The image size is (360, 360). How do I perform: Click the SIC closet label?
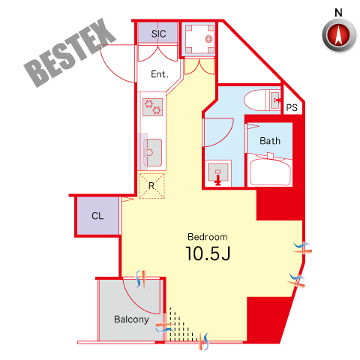(x=158, y=34)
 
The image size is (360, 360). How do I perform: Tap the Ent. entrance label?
(x=160, y=74)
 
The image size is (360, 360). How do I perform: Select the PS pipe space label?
(x=292, y=108)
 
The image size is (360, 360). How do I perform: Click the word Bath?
(x=270, y=141)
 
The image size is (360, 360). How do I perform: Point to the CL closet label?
(x=97, y=216)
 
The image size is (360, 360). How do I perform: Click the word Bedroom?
(x=208, y=237)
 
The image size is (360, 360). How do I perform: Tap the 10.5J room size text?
(x=208, y=253)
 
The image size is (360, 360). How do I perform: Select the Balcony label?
(x=131, y=319)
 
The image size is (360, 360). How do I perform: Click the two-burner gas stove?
(x=152, y=107)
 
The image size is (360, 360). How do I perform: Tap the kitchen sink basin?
(x=152, y=152)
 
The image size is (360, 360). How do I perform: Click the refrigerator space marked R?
(x=151, y=186)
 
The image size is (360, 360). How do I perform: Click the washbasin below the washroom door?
(x=218, y=172)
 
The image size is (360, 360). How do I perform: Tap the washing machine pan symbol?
(x=199, y=39)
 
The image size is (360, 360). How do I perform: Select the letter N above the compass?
(x=338, y=13)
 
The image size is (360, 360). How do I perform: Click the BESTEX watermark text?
(x=70, y=52)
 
